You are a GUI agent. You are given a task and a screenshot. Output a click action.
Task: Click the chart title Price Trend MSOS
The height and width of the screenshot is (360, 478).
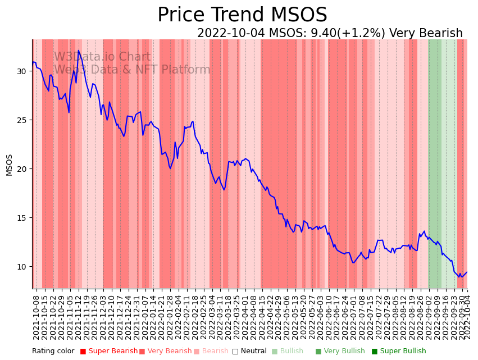[242, 15]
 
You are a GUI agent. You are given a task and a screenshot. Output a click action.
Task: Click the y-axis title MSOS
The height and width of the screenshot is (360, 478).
[9, 165]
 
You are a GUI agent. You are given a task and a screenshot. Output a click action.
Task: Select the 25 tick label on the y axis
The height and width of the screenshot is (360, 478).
[21, 120]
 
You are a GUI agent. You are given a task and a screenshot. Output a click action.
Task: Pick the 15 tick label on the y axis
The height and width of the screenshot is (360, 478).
[21, 218]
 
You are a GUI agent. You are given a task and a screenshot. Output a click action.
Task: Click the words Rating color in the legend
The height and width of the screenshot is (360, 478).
[53, 352]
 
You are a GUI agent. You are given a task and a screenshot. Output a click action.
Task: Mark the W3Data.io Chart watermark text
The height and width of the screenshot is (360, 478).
[102, 57]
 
